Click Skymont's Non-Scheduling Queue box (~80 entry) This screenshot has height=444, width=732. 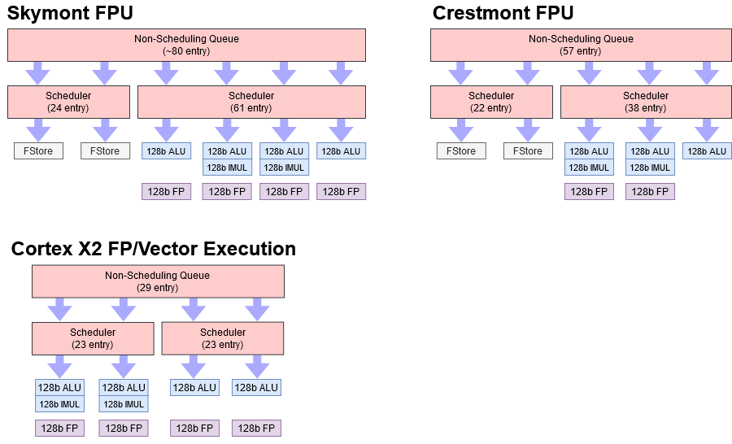[186, 45]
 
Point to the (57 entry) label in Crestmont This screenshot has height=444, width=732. [581, 51]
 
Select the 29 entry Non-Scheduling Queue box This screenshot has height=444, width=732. [158, 281]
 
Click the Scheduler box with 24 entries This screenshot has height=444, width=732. [68, 102]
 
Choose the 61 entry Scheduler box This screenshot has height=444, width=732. [251, 102]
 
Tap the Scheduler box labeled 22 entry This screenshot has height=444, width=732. [491, 102]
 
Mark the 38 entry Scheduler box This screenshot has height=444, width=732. [646, 102]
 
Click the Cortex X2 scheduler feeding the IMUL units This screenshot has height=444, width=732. [93, 338]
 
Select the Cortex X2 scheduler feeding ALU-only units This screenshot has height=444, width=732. [223, 338]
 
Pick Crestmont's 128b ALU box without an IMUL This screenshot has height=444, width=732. [707, 151]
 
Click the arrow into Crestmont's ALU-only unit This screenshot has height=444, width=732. [707, 129]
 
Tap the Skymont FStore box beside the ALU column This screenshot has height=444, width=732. [105, 151]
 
